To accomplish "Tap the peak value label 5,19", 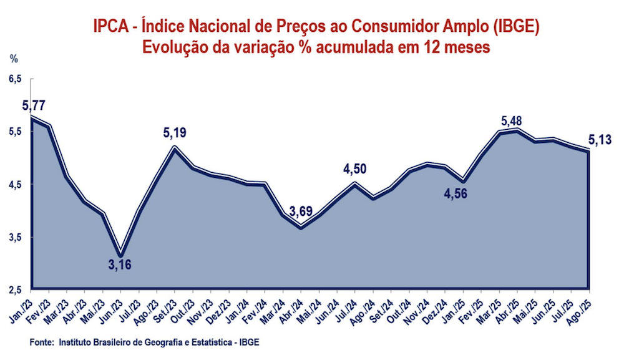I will click(x=175, y=132).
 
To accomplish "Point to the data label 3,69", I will click(x=299, y=209).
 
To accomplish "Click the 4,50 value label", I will click(x=354, y=168).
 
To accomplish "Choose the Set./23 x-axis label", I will click(x=165, y=309).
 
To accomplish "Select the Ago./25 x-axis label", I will click(x=580, y=309).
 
